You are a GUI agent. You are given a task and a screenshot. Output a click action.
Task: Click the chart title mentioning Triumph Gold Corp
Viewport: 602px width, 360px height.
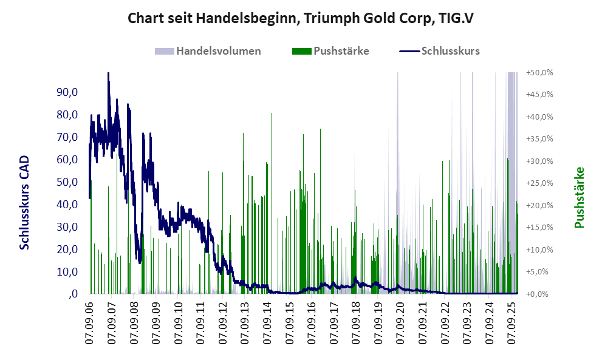(x=301, y=18)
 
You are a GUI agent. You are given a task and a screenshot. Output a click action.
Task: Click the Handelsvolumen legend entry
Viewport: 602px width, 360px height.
(x=218, y=51)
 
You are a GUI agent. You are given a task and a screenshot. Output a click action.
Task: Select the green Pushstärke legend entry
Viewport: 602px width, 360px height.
(x=341, y=51)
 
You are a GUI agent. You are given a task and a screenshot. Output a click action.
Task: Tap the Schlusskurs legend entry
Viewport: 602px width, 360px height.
(x=450, y=51)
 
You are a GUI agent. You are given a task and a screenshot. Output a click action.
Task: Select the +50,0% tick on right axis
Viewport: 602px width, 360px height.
(x=539, y=72)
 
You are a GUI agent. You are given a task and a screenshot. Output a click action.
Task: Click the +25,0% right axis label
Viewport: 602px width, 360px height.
(x=539, y=183)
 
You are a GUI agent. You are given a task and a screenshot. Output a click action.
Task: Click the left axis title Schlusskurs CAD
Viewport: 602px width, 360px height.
(x=25, y=202)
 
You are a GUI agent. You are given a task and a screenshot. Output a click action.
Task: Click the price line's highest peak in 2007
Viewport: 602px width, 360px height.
(x=108, y=74)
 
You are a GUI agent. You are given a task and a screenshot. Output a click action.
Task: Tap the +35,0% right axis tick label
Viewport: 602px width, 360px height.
(x=539, y=139)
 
